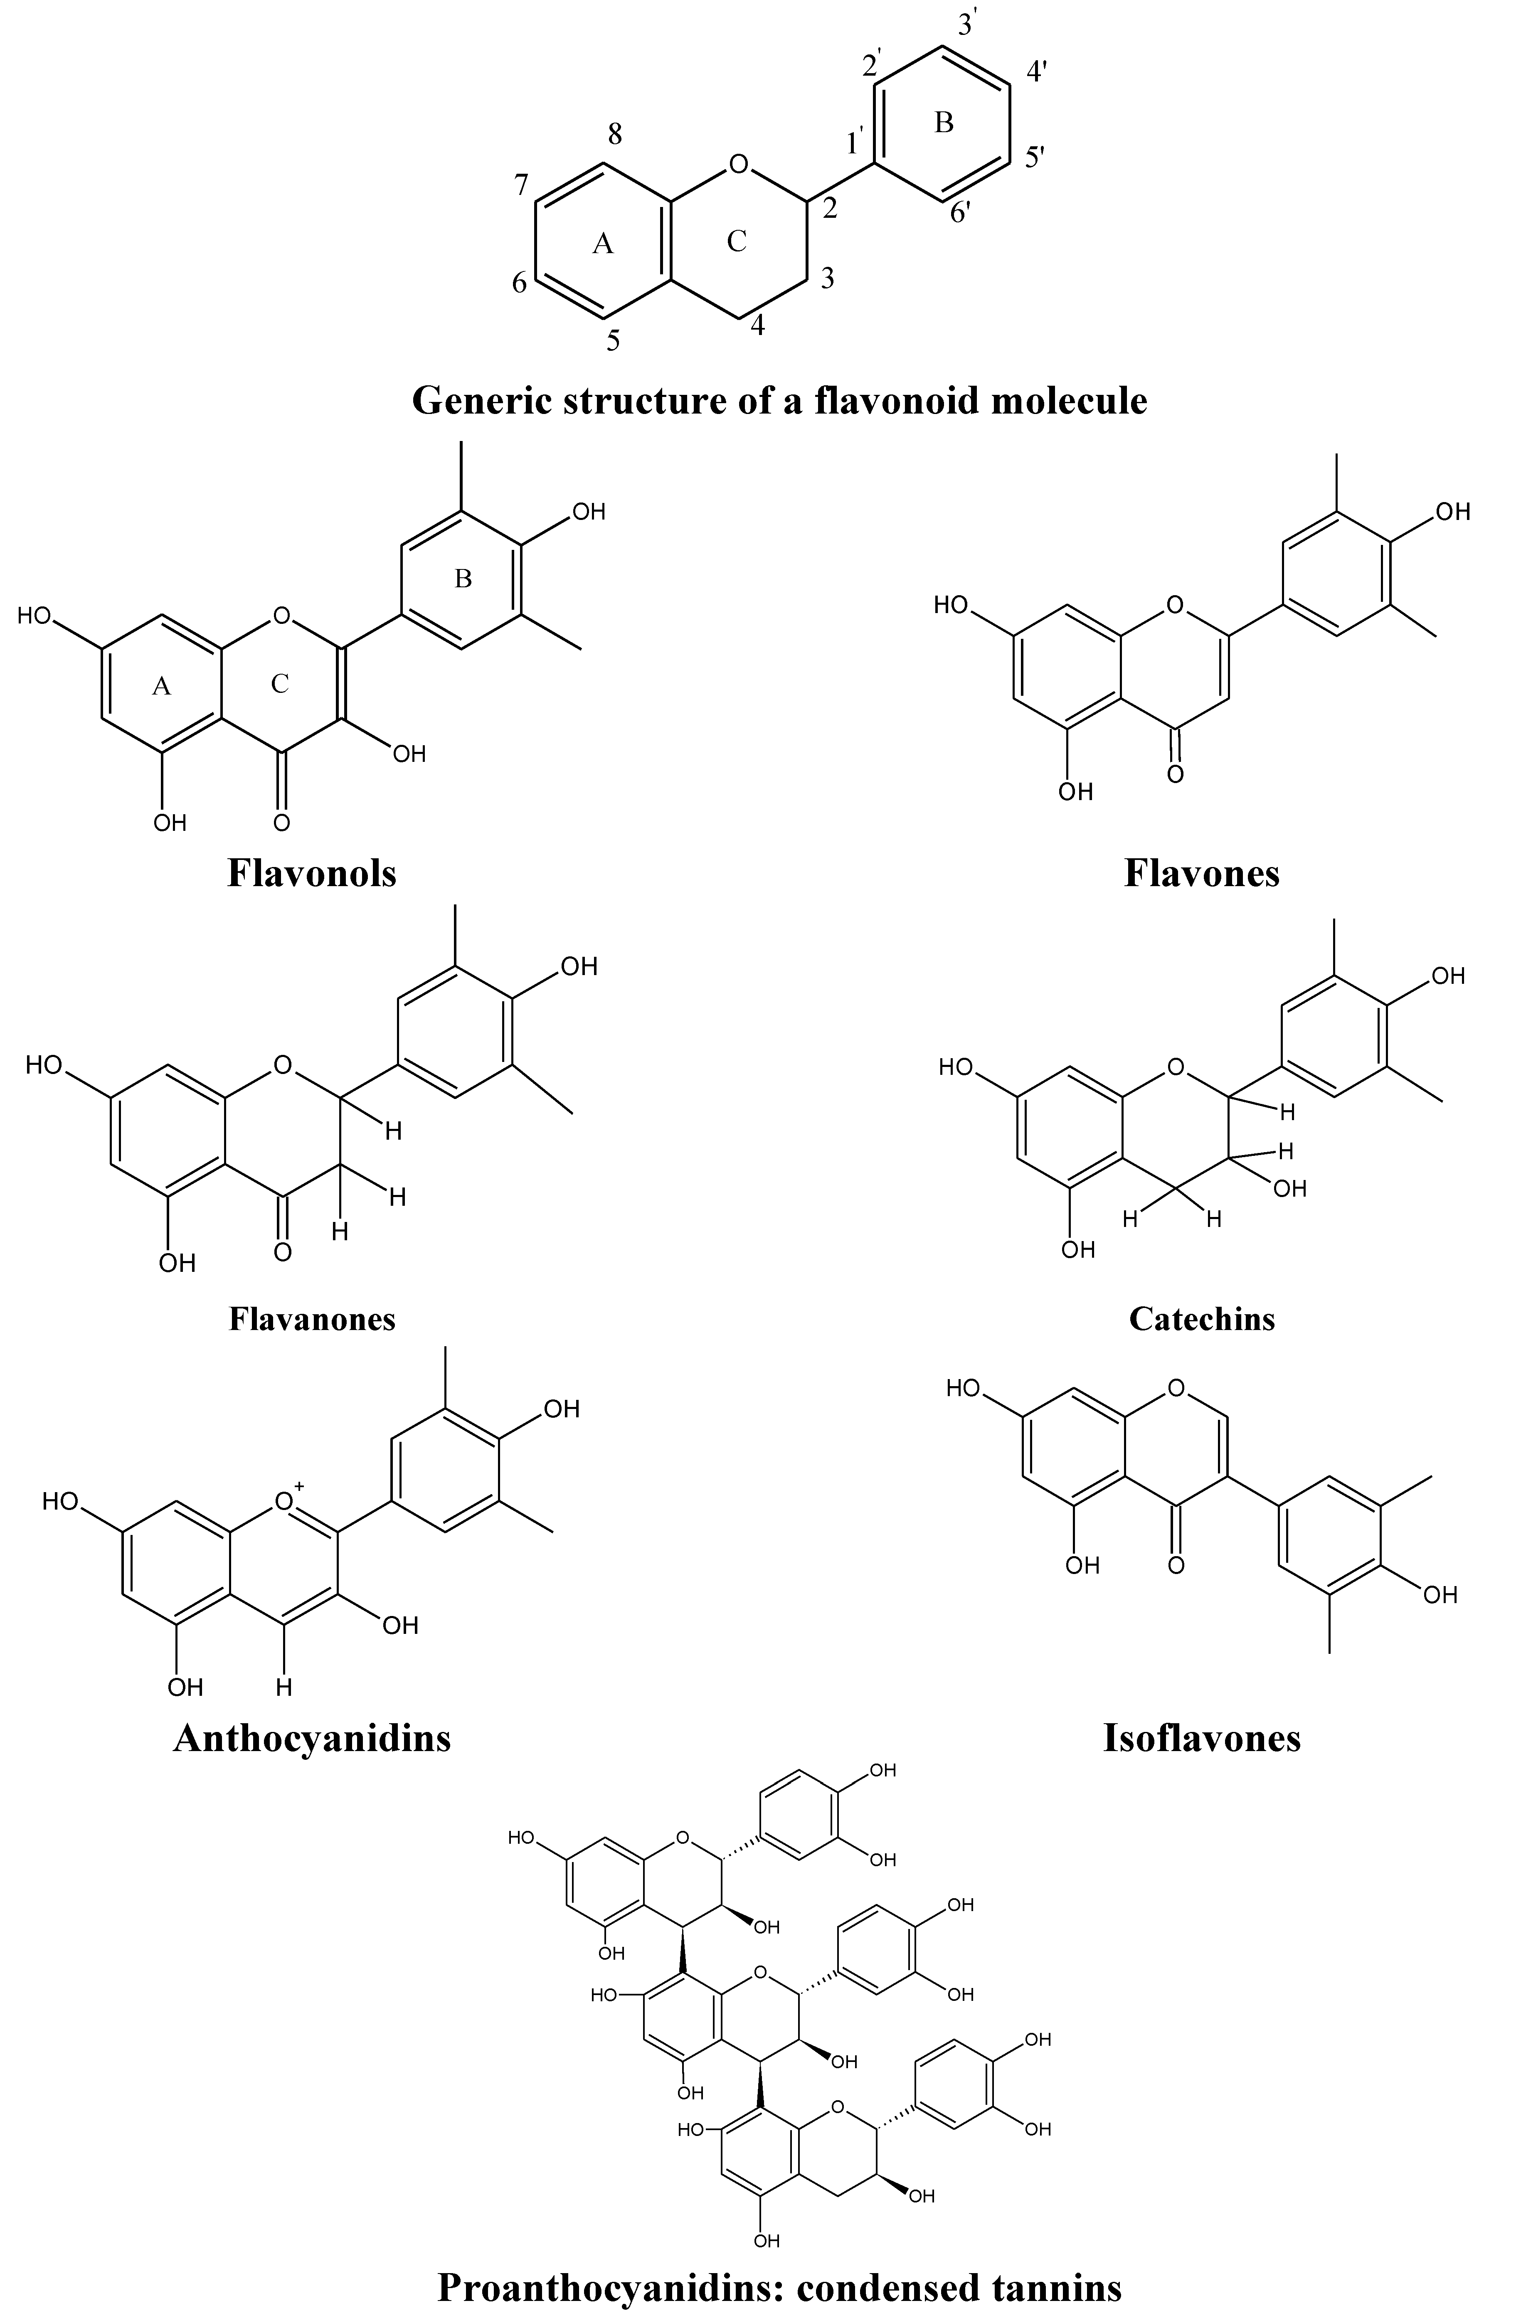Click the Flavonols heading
click(312, 873)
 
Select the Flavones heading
click(1201, 873)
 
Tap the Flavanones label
click(312, 1319)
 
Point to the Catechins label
click(1201, 1319)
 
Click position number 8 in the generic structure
click(614, 133)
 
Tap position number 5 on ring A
click(613, 341)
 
